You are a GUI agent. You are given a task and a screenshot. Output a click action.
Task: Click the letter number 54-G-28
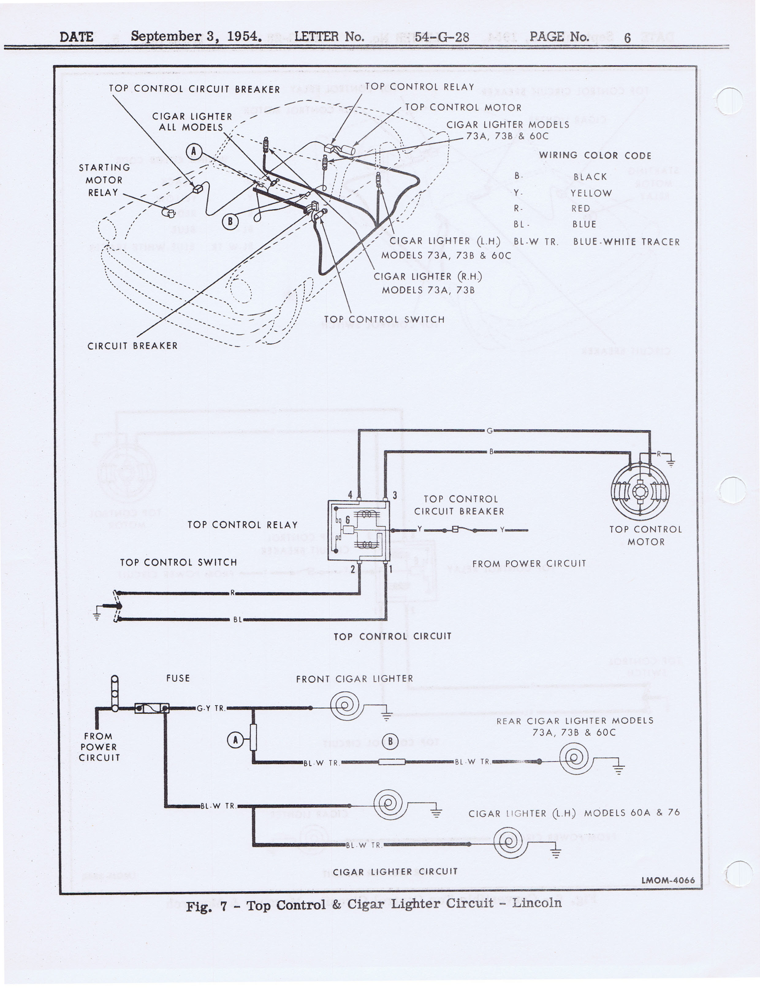coord(442,37)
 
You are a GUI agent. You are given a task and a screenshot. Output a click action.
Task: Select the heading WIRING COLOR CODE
coord(595,156)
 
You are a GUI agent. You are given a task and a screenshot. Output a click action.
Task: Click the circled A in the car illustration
coord(194,151)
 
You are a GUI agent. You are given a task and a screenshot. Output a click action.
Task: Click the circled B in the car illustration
coord(230,221)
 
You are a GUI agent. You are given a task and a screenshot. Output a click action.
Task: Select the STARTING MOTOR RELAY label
coord(104,180)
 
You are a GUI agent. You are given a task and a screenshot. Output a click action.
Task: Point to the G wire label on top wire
coord(489,431)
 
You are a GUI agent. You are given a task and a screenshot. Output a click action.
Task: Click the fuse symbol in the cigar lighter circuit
coord(152,708)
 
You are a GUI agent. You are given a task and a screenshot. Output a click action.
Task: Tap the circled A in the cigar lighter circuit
coord(235,740)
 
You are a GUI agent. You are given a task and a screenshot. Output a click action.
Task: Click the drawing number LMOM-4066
coord(668,880)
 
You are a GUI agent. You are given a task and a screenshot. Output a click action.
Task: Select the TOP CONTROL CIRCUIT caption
coord(392,636)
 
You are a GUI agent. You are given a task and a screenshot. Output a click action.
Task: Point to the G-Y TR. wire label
coord(211,708)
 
